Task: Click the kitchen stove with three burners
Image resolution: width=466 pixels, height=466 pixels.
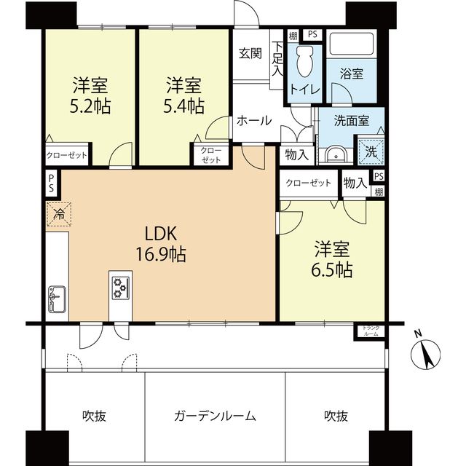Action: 119,285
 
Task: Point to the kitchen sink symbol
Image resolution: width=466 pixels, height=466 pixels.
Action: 56,297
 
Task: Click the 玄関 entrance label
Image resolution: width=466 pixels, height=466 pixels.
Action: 250,53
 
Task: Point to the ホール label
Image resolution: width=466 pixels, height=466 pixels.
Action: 254,121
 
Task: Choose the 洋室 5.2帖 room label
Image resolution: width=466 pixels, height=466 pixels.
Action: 90,95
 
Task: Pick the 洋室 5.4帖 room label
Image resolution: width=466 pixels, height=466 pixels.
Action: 183,95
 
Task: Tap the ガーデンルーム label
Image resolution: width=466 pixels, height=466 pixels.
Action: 215,416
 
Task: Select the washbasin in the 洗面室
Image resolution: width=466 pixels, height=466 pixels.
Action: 336,154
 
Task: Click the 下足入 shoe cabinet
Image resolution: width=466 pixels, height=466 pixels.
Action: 277,60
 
